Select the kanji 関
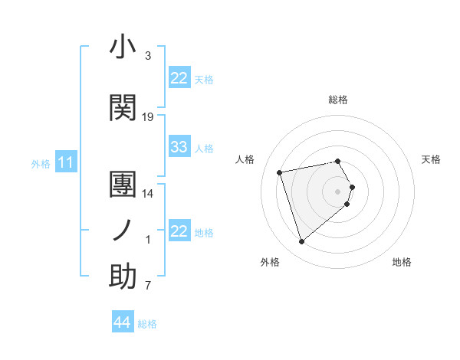(123, 108)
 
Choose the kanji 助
(123, 277)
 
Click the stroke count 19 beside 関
(148, 117)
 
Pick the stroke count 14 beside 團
(148, 194)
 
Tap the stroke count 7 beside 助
(148, 286)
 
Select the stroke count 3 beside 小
(148, 56)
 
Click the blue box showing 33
(179, 147)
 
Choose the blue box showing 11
(66, 162)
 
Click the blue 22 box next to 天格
(179, 78)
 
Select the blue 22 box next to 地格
(179, 231)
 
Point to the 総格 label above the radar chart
(338, 100)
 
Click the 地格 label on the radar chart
(402, 262)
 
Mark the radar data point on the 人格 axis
(280, 172)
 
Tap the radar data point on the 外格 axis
(302, 242)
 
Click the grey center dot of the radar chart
(338, 191)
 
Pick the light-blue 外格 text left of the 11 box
(41, 163)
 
